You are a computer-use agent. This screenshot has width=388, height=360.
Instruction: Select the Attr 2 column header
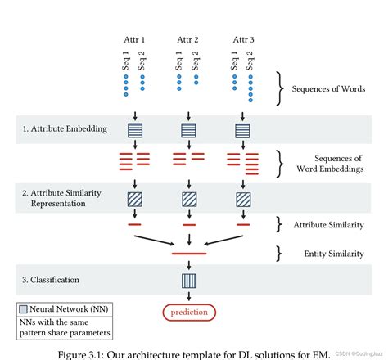190,38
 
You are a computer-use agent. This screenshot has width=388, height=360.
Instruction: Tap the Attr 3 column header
243,38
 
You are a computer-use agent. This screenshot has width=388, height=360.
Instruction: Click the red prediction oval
189,312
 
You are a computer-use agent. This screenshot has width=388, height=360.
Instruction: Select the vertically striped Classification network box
189,281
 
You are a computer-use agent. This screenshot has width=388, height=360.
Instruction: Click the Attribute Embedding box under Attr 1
136,129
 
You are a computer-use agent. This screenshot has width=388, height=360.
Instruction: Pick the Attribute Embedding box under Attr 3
243,129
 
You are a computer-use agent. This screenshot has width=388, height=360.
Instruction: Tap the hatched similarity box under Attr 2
189,199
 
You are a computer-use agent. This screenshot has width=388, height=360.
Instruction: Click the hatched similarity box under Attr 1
136,199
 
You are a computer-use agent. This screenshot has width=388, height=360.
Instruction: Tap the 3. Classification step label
52,281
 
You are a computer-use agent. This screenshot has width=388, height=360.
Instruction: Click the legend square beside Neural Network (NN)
23,310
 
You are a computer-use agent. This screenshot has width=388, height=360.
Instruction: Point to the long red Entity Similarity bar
189,254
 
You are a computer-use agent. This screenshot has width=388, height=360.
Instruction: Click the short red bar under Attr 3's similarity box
243,223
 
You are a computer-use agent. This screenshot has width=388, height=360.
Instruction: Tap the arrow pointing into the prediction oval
189,298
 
